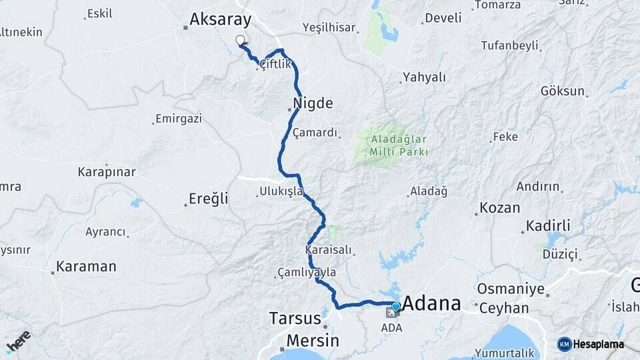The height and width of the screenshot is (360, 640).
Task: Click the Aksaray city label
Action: [x=220, y=20]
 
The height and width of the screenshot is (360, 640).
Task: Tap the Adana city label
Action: [x=432, y=303]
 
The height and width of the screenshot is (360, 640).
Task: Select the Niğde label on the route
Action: [x=312, y=103]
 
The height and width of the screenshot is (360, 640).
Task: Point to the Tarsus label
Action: [x=295, y=317]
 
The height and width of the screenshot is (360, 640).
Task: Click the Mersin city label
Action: [x=313, y=341]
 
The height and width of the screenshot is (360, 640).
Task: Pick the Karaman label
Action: [x=86, y=267]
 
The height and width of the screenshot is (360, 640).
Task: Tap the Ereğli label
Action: [x=209, y=199]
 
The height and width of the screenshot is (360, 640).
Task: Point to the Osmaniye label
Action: [x=502, y=291]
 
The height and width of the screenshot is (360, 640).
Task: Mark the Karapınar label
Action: [x=107, y=172]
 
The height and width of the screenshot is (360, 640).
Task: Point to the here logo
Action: [x=18, y=341]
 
